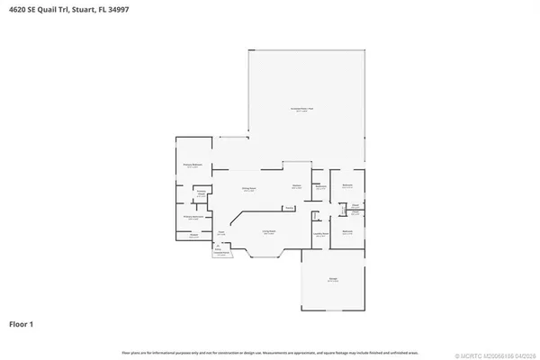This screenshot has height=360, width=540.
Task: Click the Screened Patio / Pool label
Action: click(x=307, y=109)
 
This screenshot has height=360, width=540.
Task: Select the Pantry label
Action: click(x=288, y=209)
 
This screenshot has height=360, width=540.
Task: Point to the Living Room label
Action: click(x=268, y=232)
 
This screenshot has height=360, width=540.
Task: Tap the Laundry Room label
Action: click(x=319, y=232)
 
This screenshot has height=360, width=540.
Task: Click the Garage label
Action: click(x=333, y=279)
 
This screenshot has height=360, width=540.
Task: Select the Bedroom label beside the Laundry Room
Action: click(x=347, y=231)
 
